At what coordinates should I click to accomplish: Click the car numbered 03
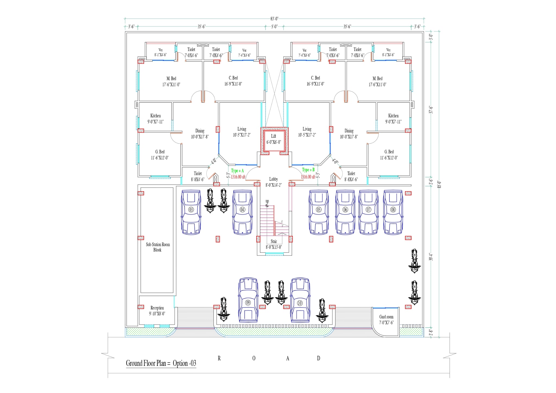(x=191, y=212)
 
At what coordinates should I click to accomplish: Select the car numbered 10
(x=300, y=300)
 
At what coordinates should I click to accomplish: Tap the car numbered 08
(x=393, y=212)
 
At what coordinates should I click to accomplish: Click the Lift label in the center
(x=273, y=139)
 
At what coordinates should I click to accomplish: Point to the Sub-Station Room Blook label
(x=158, y=247)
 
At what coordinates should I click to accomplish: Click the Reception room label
(x=157, y=310)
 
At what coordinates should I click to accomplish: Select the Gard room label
(x=386, y=319)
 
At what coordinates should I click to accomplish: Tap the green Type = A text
(x=237, y=171)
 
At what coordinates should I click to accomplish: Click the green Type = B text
(x=308, y=170)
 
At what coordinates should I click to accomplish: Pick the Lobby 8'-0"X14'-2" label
(x=273, y=182)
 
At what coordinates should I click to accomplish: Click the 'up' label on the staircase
(x=267, y=201)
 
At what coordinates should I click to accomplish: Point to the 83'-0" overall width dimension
(x=274, y=19)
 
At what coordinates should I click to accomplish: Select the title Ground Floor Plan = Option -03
(x=161, y=363)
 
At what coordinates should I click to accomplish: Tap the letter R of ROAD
(x=219, y=358)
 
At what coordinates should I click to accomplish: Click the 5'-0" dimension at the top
(x=274, y=27)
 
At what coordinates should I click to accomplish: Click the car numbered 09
(x=248, y=300)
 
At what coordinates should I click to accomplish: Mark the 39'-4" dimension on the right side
(x=431, y=257)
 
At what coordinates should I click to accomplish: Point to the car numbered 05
(x=319, y=212)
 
